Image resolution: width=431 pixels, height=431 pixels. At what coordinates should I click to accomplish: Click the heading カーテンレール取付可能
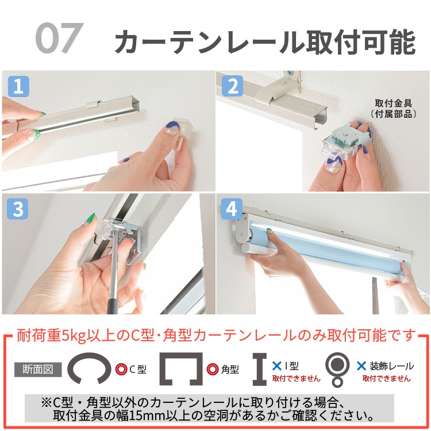pyautogui.click(x=264, y=41)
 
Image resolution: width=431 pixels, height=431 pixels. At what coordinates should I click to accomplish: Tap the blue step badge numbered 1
pyautogui.click(x=18, y=86)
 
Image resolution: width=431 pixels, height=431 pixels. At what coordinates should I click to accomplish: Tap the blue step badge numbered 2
pyautogui.click(x=232, y=86)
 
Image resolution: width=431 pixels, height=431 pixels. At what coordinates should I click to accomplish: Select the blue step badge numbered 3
pyautogui.click(x=18, y=209)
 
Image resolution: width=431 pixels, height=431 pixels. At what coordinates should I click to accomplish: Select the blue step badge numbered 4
pyautogui.click(x=232, y=209)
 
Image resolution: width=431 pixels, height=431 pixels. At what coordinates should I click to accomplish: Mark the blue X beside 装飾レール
pyautogui.click(x=361, y=365)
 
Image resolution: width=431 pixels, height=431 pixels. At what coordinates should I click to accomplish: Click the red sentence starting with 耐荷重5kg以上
pyautogui.click(x=215, y=335)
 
